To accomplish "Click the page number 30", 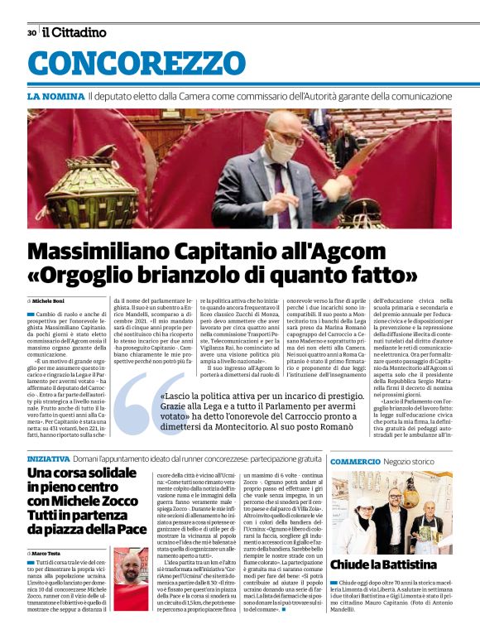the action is (31, 33).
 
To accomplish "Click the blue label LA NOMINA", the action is (55, 97).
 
